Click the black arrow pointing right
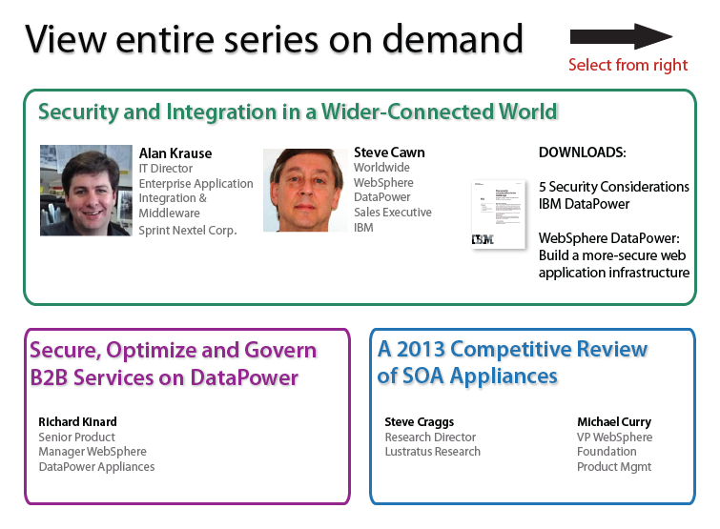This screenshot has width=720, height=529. point(621,37)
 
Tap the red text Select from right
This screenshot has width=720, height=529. point(627,65)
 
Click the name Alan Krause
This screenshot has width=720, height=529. point(175,153)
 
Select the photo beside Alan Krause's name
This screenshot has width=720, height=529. point(86,191)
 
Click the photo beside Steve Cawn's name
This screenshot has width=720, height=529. point(305,190)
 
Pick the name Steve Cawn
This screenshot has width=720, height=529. point(389,153)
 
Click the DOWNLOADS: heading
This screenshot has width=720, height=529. point(583,153)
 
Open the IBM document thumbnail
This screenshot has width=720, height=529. point(499,214)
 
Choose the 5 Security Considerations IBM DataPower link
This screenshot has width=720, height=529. point(614,195)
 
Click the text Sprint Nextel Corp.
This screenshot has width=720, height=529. point(188,230)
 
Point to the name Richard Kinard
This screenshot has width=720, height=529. point(77,421)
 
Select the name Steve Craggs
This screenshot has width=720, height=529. point(420,422)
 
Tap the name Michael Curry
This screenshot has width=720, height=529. point(614,422)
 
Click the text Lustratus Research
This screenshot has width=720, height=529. point(433,452)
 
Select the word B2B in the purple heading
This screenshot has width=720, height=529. point(49,377)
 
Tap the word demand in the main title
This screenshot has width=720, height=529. point(453,39)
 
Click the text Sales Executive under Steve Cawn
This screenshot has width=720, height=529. point(393,212)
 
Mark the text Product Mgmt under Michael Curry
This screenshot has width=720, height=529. point(614,467)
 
